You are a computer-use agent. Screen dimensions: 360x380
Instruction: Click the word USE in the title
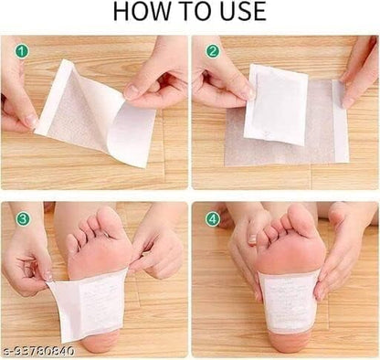pyautogui.click(x=237, y=12)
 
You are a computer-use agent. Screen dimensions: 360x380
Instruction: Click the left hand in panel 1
pyautogui.click(x=18, y=91)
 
